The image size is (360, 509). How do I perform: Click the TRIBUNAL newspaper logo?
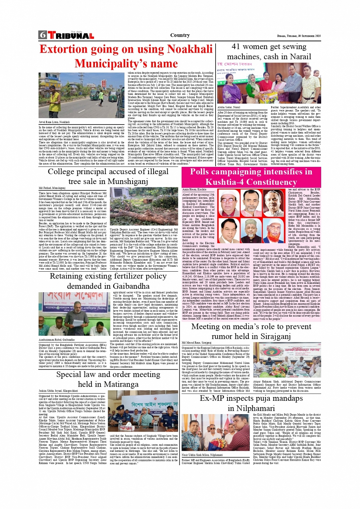click(x=70, y=36)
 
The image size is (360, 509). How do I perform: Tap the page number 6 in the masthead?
click(x=42, y=35)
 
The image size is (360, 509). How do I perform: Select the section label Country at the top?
click(x=180, y=35)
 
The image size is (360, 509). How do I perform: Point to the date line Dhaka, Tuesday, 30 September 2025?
click(x=299, y=36)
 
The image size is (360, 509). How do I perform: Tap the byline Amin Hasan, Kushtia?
click(x=194, y=189)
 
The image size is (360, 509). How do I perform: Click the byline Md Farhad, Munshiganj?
click(x=52, y=188)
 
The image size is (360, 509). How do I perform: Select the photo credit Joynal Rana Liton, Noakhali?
click(x=54, y=122)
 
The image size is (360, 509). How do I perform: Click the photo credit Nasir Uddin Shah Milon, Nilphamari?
click(x=202, y=455)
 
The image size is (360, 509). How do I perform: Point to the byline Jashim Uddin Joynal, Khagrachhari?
click(x=58, y=391)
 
